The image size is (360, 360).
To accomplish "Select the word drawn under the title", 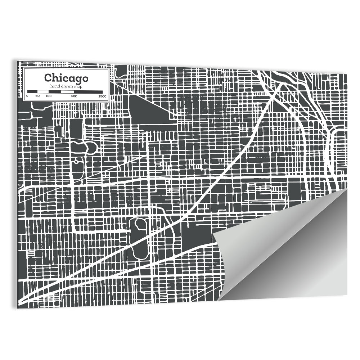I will (66, 86).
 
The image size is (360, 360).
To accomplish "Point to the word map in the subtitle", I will (77, 86).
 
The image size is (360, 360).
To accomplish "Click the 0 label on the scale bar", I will (27, 96).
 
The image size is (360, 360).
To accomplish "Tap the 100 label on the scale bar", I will (48, 96).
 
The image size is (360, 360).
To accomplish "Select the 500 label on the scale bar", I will (74, 96).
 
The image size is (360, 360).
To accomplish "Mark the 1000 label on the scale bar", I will (102, 96).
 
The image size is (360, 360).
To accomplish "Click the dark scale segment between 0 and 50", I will (32, 92).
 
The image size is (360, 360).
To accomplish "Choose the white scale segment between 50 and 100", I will (42, 92).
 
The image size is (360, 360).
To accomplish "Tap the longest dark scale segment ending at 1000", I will (88, 92).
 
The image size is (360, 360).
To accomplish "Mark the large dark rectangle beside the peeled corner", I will (196, 232).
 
